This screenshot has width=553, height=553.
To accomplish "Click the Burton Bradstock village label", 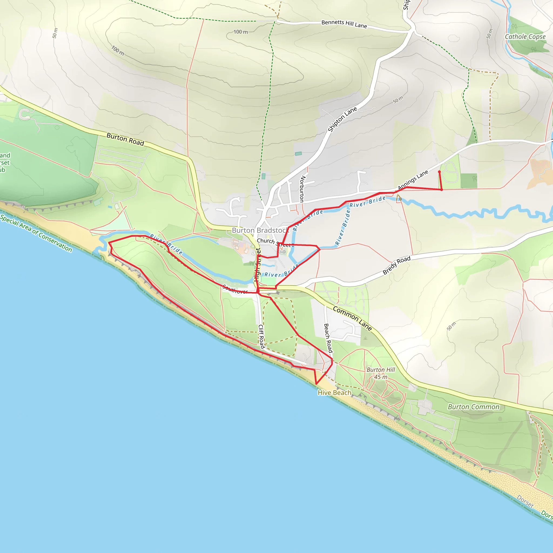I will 260,230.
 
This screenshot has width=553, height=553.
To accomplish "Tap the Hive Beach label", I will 334,393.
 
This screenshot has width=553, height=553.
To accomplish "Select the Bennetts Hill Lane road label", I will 344,24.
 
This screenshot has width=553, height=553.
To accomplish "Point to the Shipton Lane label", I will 342,119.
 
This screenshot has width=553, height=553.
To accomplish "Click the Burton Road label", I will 125,139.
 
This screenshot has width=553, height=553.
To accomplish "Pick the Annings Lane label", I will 413,180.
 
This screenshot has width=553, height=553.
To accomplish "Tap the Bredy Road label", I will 397,265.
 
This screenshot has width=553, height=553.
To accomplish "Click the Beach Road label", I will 328,338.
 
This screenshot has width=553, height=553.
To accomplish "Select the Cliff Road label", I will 261,336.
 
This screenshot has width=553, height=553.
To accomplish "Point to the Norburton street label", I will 302,189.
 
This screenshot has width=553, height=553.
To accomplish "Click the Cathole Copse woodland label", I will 525,37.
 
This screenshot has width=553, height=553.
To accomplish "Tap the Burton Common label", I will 473,407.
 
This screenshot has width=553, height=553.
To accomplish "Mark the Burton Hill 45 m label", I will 381,373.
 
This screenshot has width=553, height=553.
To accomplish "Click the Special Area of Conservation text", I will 36,233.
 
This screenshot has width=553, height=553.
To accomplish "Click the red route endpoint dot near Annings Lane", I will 439,172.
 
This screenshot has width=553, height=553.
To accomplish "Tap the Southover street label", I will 235,289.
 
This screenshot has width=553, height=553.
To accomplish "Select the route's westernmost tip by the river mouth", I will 109,243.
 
